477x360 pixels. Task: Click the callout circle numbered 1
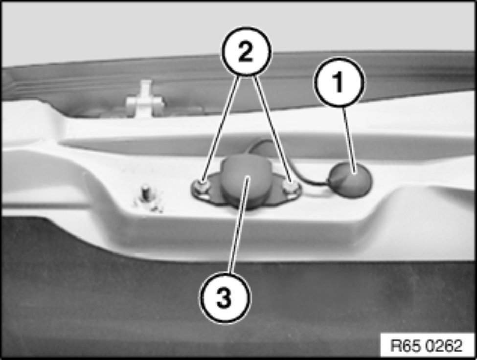click(339, 82)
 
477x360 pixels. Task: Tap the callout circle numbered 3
click(225, 297)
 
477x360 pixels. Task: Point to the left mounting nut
click(202, 186)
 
